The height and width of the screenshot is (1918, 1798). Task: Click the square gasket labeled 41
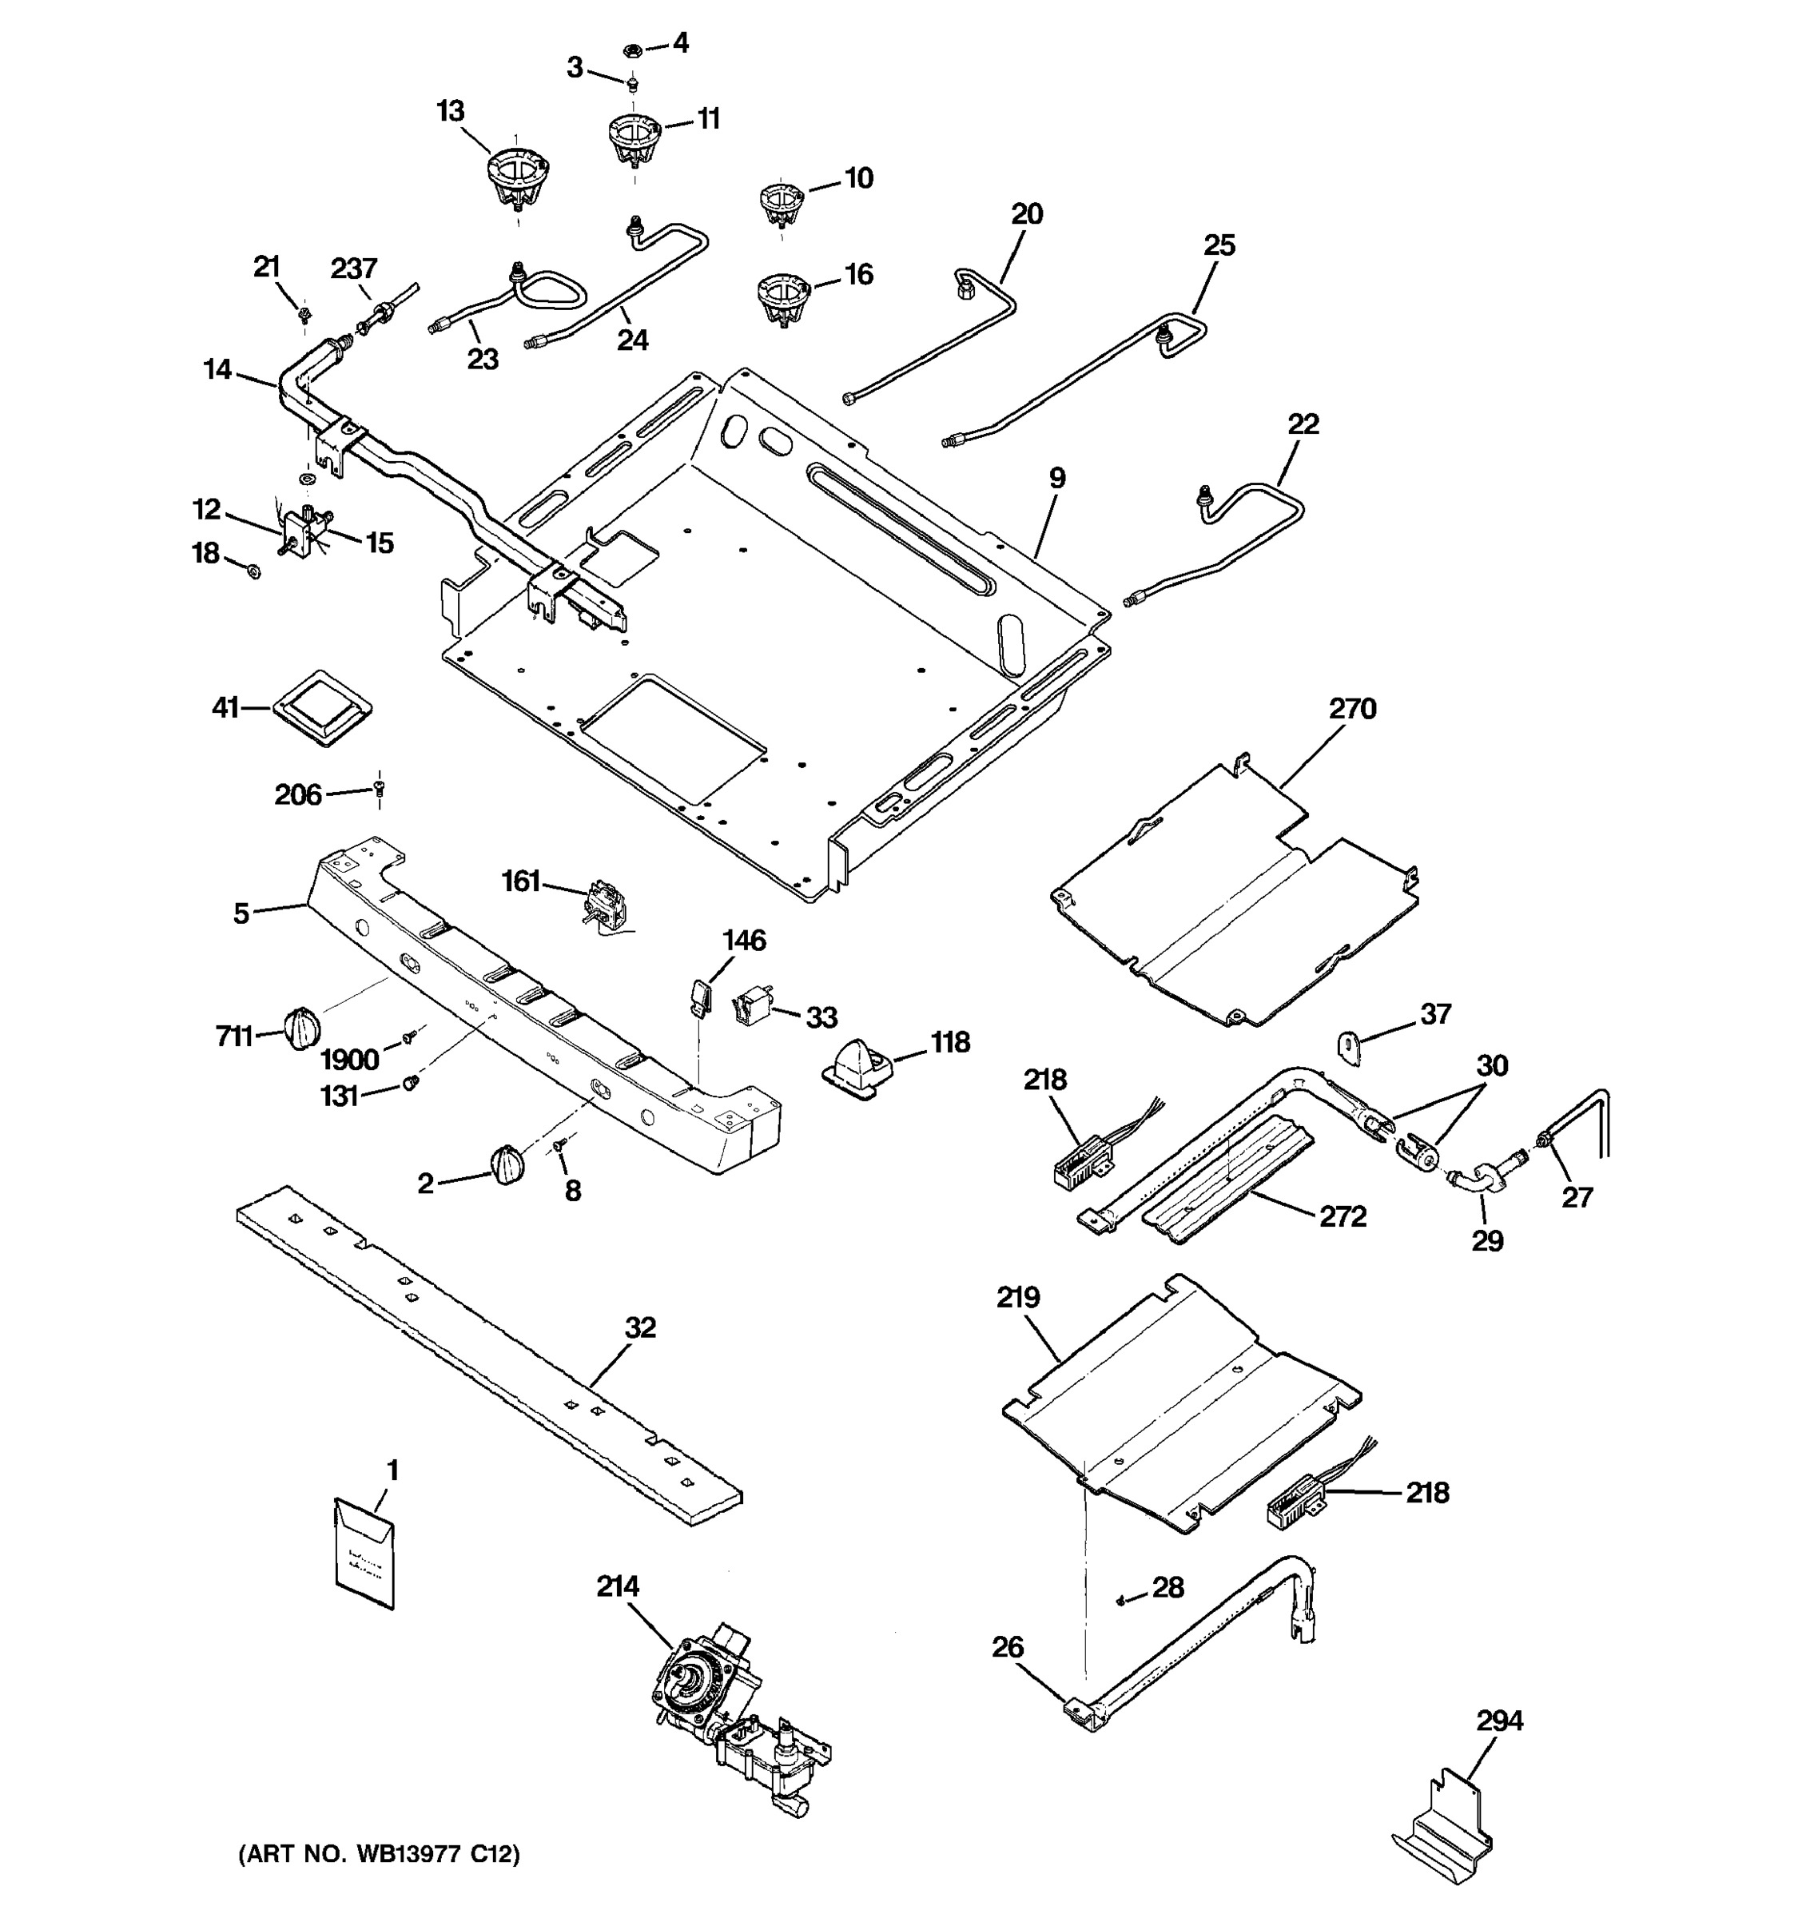[x=322, y=708]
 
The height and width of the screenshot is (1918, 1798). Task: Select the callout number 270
[x=1352, y=709]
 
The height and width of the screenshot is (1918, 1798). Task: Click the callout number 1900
[x=349, y=1060]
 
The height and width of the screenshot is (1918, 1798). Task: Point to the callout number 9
[x=1057, y=478]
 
